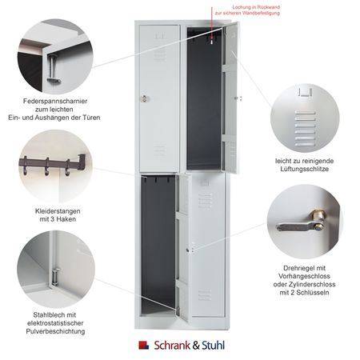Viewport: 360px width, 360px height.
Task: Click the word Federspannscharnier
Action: (x=55, y=102)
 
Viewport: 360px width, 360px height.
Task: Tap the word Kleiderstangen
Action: (x=58, y=211)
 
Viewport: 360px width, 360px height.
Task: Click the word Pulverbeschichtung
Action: (x=55, y=331)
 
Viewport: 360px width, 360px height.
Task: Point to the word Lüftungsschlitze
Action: (x=304, y=169)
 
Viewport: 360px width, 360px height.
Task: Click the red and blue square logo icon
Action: (x=144, y=345)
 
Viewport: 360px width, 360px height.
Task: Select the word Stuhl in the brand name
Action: (x=213, y=345)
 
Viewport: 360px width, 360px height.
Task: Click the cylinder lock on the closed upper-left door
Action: (x=145, y=98)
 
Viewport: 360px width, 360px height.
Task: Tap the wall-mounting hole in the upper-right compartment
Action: (x=212, y=42)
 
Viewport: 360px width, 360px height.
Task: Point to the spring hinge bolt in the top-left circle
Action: (x=54, y=70)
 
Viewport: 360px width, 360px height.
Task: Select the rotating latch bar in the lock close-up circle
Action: (x=294, y=227)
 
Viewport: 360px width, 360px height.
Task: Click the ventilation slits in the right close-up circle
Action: (x=305, y=129)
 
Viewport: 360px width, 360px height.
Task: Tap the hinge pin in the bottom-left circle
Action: (x=55, y=276)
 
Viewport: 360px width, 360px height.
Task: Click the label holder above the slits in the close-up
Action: (x=305, y=92)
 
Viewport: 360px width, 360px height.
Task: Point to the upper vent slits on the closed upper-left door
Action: (x=160, y=54)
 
